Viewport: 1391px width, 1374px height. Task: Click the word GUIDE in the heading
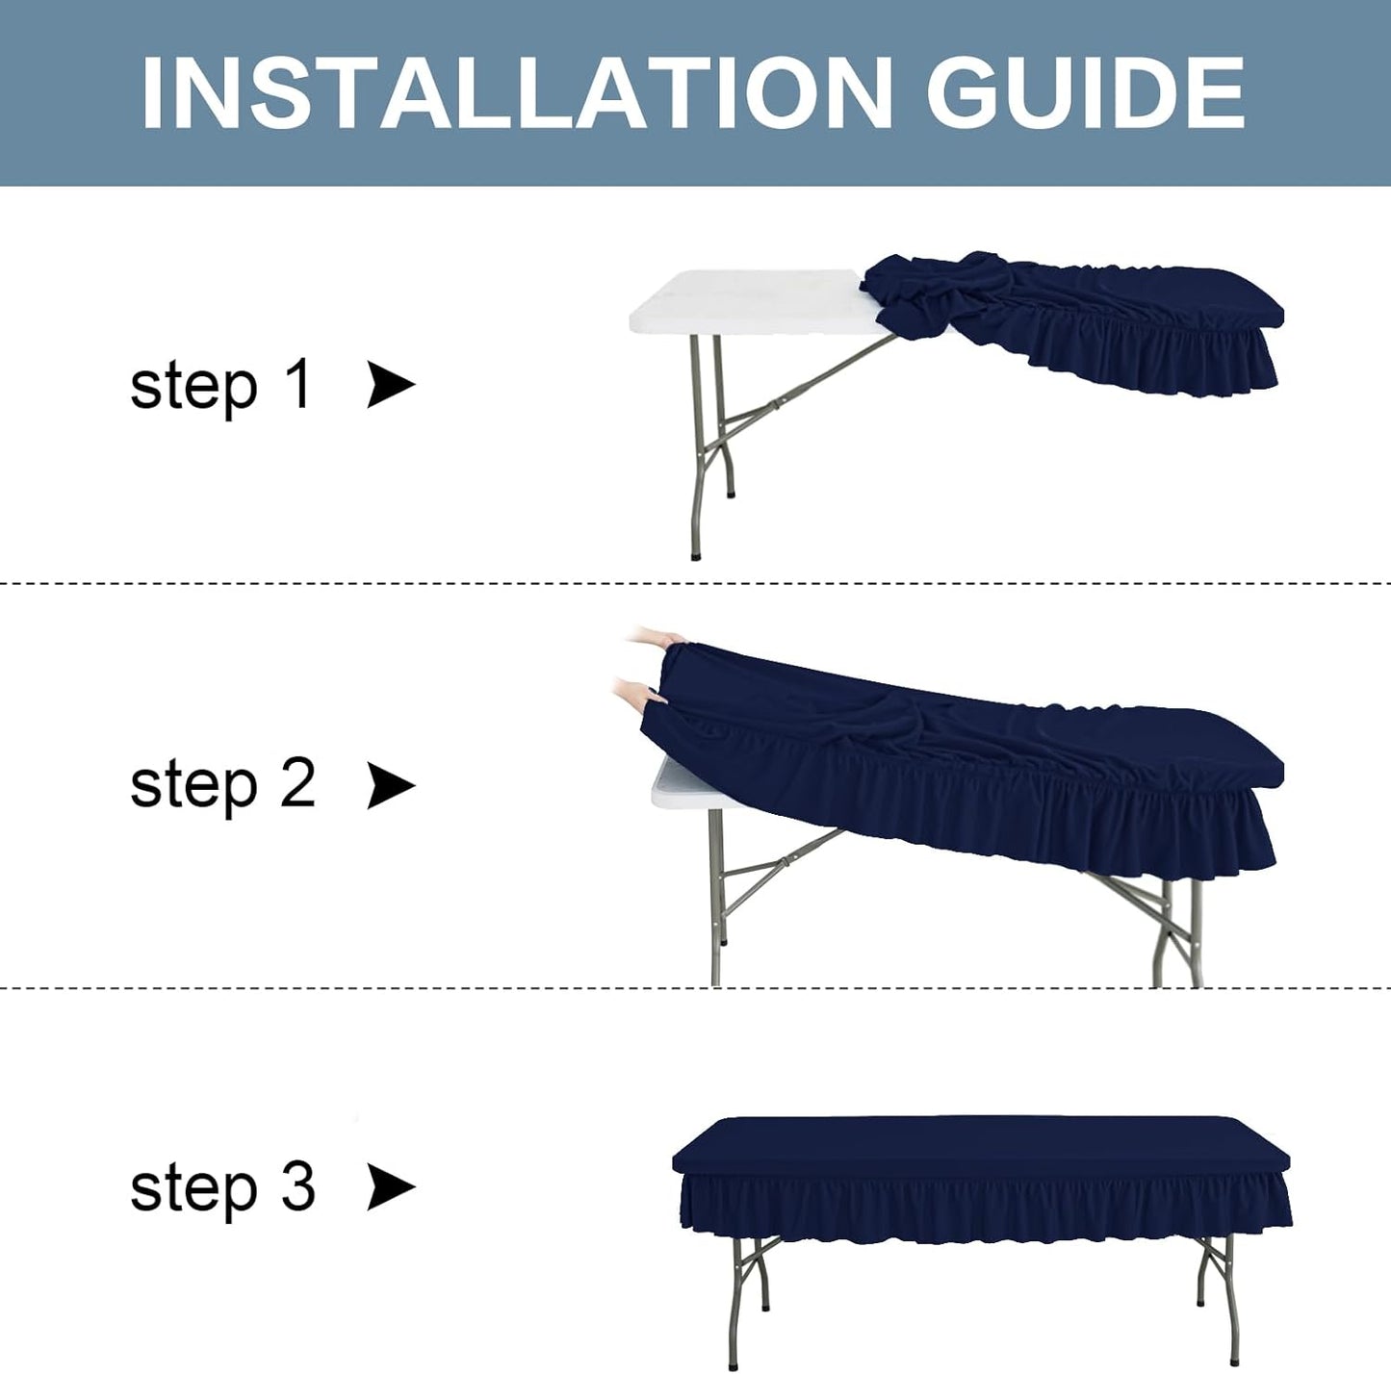pyautogui.click(x=1086, y=93)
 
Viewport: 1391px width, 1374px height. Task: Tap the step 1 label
pyautogui.click(x=220, y=386)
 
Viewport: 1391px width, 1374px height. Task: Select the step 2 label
pyautogui.click(x=222, y=784)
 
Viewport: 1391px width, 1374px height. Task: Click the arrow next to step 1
pyautogui.click(x=391, y=386)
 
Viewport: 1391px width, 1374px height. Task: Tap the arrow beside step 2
pyautogui.click(x=391, y=785)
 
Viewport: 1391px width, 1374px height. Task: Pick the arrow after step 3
pyautogui.click(x=391, y=1186)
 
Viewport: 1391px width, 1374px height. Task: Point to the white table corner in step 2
pyautogui.click(x=674, y=784)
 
